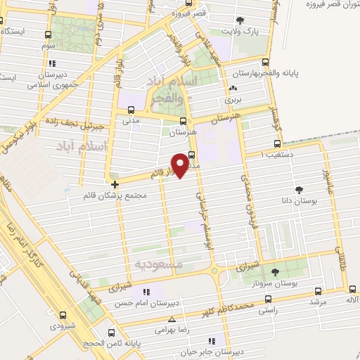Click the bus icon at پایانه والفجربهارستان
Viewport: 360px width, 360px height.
(265, 62)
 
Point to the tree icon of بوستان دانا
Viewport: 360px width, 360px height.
(300, 189)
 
